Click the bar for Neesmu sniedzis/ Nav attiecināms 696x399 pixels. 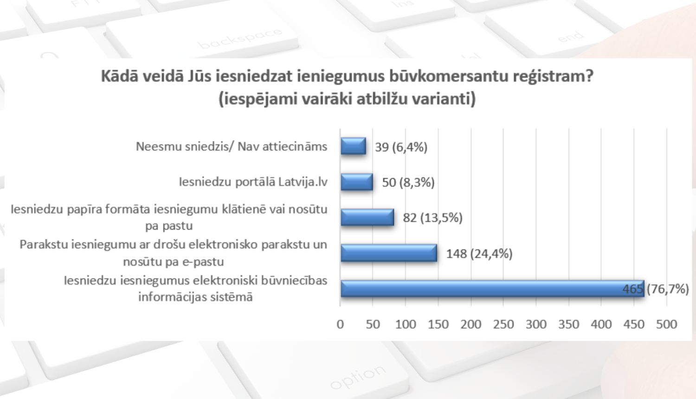353,146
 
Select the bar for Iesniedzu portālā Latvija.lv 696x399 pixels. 356,182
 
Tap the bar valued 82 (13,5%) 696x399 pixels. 367,217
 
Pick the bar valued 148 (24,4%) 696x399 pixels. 389,253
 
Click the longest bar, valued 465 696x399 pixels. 492,289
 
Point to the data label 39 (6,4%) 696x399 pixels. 401,147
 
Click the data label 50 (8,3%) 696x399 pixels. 408,182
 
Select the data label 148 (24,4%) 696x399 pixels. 479,254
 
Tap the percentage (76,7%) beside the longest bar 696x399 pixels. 668,289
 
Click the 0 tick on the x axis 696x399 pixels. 340,324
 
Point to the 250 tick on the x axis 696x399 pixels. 503,324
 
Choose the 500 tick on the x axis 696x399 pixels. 666,324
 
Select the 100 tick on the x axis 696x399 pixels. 405,324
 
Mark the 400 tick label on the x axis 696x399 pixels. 601,324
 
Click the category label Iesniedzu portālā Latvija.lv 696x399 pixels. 253,182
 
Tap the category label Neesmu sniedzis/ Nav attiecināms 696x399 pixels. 231,147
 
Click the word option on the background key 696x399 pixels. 358,377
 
